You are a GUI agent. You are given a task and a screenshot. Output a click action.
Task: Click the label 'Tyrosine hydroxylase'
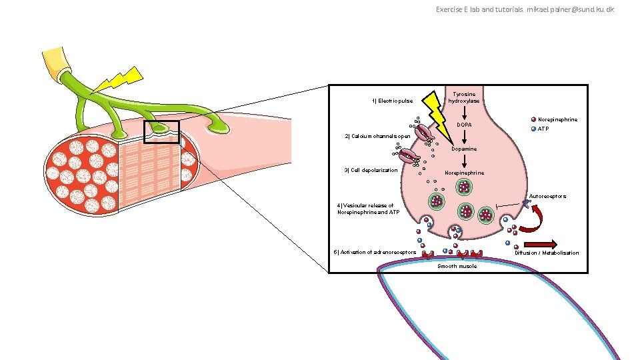click(x=463, y=97)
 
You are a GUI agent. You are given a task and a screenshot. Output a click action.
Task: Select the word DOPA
click(x=464, y=125)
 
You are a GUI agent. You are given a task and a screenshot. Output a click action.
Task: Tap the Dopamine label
click(x=463, y=149)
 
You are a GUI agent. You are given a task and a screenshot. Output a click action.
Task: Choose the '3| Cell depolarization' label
click(x=370, y=170)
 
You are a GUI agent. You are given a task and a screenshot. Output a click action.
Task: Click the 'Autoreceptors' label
click(x=547, y=197)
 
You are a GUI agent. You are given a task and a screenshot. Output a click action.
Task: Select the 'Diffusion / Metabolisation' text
click(x=547, y=253)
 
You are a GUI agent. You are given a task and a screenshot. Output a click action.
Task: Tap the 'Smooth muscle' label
click(x=457, y=266)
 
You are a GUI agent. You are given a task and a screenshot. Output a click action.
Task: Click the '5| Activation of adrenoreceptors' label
click(x=375, y=252)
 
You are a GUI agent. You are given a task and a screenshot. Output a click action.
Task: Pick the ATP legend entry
click(x=543, y=129)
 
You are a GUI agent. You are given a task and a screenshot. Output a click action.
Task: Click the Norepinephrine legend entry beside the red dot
click(x=557, y=120)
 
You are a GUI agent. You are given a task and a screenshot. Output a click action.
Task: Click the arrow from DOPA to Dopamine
click(x=463, y=137)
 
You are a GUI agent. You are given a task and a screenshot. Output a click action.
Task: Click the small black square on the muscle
click(x=161, y=131)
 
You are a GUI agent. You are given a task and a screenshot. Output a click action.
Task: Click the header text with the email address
click(x=525, y=9)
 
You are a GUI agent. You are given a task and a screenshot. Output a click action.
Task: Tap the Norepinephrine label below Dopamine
click(x=463, y=173)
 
